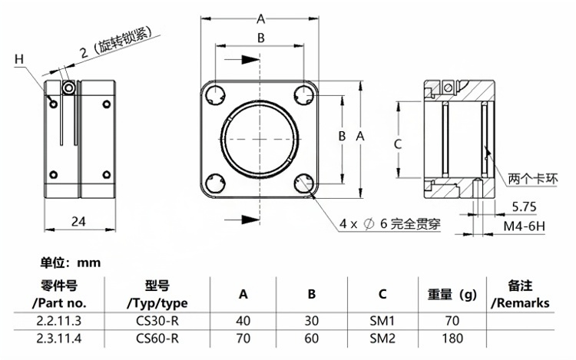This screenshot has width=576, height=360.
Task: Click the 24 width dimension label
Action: coord(78,221)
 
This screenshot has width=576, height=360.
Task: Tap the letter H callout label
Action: coord(19,59)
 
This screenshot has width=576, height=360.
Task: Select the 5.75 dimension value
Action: coord(525,206)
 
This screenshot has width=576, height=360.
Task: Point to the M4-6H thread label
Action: coord(525,226)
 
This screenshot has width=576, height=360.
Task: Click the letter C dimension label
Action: coord(398,144)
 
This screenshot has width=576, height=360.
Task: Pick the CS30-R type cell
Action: coord(157,321)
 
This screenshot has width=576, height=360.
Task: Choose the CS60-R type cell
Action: coord(157,338)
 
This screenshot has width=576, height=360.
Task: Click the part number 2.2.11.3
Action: coord(59,321)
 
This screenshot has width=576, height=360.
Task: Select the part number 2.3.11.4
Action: coord(59,338)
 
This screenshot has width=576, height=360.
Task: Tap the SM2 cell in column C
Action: coord(382,338)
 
